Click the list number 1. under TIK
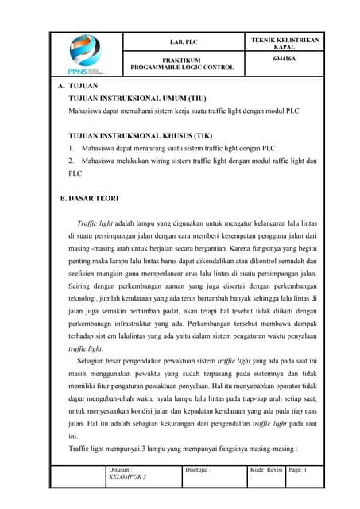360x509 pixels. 72,147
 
